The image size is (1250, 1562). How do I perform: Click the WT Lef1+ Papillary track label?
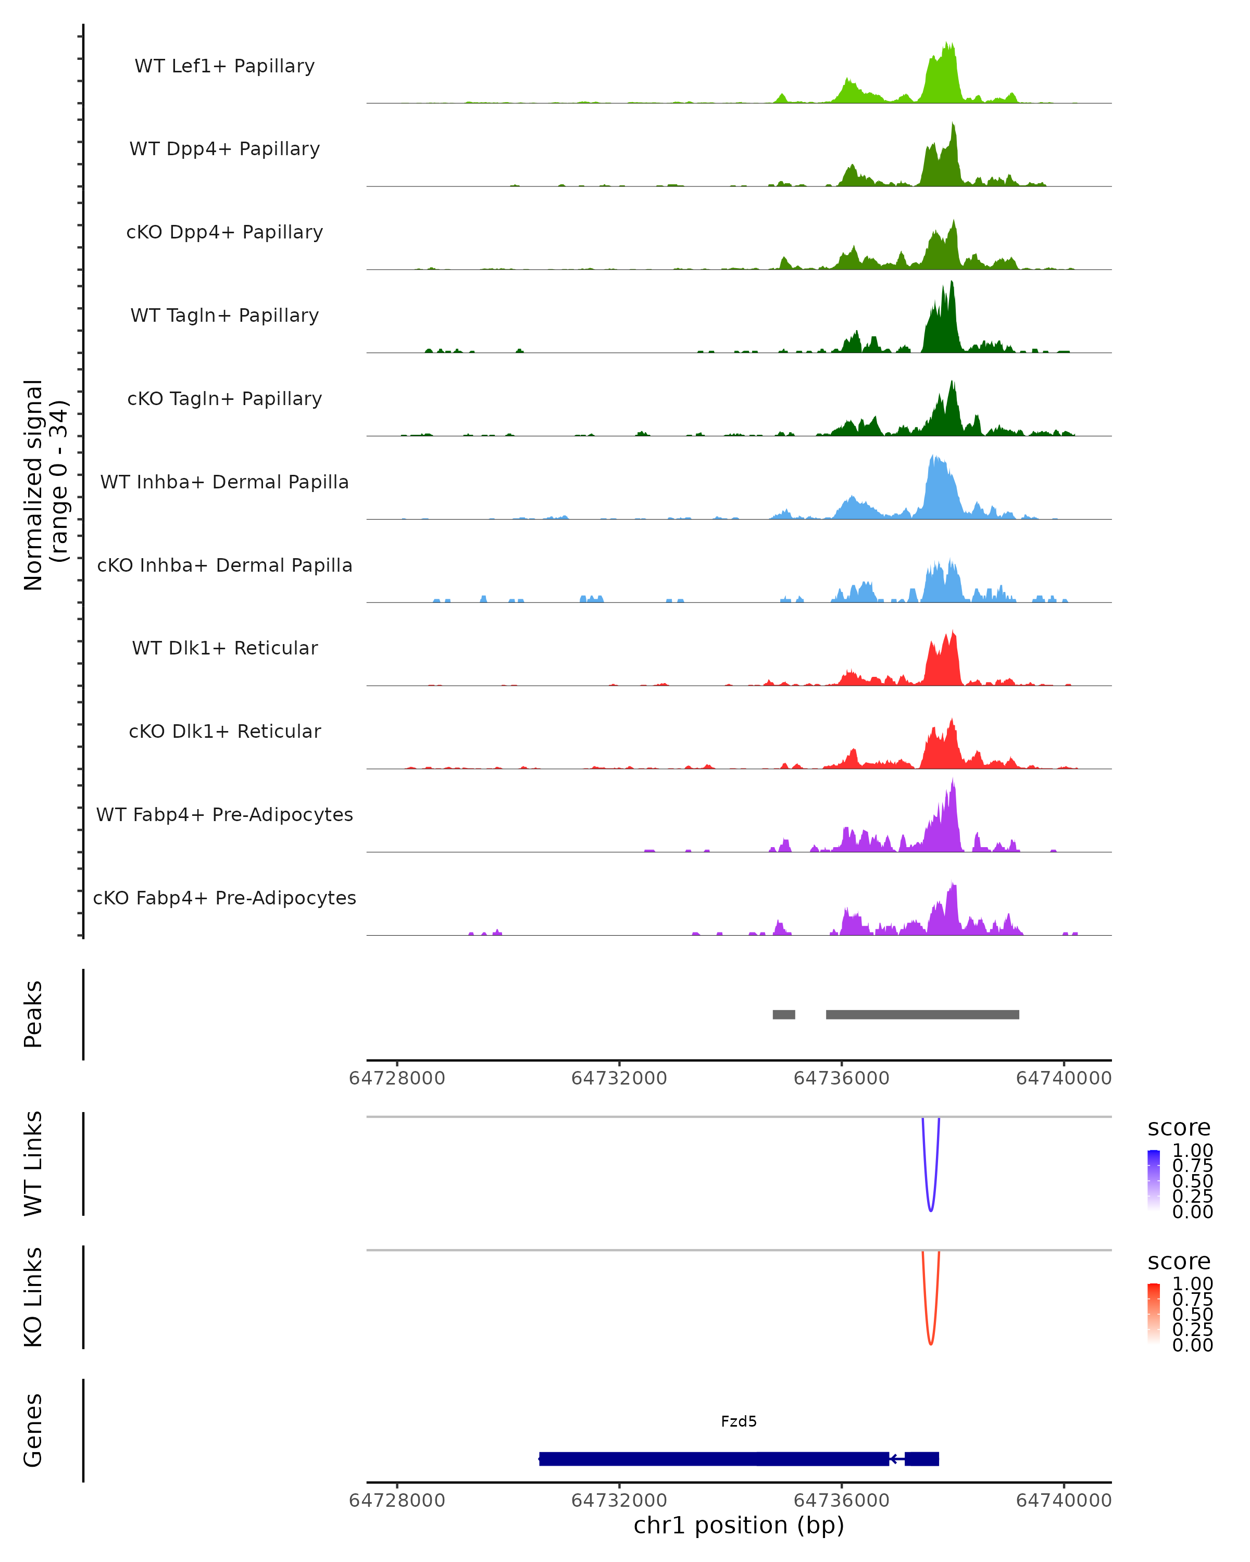tap(224, 66)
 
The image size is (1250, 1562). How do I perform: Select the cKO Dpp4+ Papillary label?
tap(224, 232)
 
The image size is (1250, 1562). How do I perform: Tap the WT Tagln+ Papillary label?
tap(224, 315)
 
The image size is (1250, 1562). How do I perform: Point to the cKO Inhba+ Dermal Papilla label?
tap(224, 565)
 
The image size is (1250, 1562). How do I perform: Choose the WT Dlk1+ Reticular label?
tap(224, 648)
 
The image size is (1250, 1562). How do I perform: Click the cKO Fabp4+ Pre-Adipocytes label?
tap(224, 898)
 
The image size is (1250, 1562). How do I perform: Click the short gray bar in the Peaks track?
tap(783, 1014)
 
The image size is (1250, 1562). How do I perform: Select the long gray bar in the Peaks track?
tap(922, 1014)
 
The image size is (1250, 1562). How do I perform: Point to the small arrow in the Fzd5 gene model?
tap(896, 1458)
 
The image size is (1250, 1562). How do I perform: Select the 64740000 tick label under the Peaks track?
tap(1063, 1078)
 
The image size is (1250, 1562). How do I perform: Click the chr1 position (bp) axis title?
tap(739, 1525)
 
